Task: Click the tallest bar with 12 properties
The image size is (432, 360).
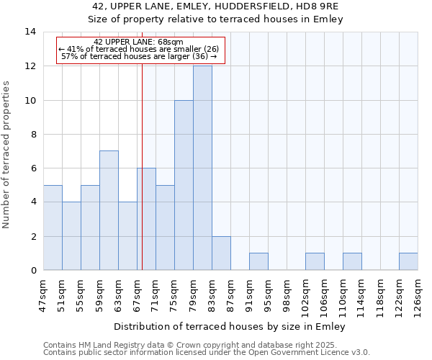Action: point(202,168)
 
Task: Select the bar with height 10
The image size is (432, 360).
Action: point(184,185)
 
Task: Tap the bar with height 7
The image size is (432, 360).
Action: point(109,210)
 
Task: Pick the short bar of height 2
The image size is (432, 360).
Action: point(221,253)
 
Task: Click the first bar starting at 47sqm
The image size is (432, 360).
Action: point(53,228)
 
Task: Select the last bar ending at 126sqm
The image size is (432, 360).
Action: point(408,261)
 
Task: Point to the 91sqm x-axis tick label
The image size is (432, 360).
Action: point(250,293)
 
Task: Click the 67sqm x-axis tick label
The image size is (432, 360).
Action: point(138,293)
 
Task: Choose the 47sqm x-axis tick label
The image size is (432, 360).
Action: point(44,293)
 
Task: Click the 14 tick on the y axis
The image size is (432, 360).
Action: point(30,32)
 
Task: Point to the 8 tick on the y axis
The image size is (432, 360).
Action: point(32,134)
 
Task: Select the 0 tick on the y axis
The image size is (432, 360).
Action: point(32,270)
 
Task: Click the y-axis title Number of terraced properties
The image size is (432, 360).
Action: point(7,154)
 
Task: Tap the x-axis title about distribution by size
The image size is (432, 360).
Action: point(230,326)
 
